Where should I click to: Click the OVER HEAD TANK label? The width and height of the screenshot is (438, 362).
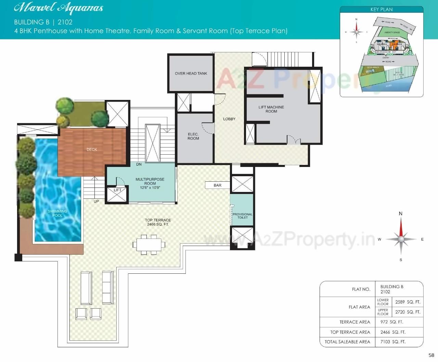click(191, 73)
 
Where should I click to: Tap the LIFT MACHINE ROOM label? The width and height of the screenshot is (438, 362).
click(271, 109)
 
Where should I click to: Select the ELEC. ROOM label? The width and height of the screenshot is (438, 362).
click(193, 136)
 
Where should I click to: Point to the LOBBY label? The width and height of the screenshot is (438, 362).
click(229, 119)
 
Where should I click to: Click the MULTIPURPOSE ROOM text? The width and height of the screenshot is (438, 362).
click(150, 181)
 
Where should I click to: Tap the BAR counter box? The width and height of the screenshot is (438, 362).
click(218, 185)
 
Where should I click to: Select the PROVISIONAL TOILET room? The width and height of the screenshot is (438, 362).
click(242, 216)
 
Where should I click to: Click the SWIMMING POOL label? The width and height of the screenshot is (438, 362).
click(57, 213)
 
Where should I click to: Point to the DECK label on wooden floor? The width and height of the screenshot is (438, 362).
click(92, 150)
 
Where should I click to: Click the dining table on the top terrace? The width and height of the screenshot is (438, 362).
click(149, 245)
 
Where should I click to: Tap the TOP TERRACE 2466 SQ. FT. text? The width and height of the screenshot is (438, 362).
click(158, 222)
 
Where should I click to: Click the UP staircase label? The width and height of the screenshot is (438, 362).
click(96, 201)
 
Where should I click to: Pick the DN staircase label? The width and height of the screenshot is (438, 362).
click(139, 164)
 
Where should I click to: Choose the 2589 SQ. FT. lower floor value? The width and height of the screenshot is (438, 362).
click(407, 302)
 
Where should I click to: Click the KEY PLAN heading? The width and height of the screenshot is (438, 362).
click(382, 10)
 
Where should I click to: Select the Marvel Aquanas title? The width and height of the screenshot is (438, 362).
click(59, 8)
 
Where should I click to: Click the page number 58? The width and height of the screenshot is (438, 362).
click(431, 355)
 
